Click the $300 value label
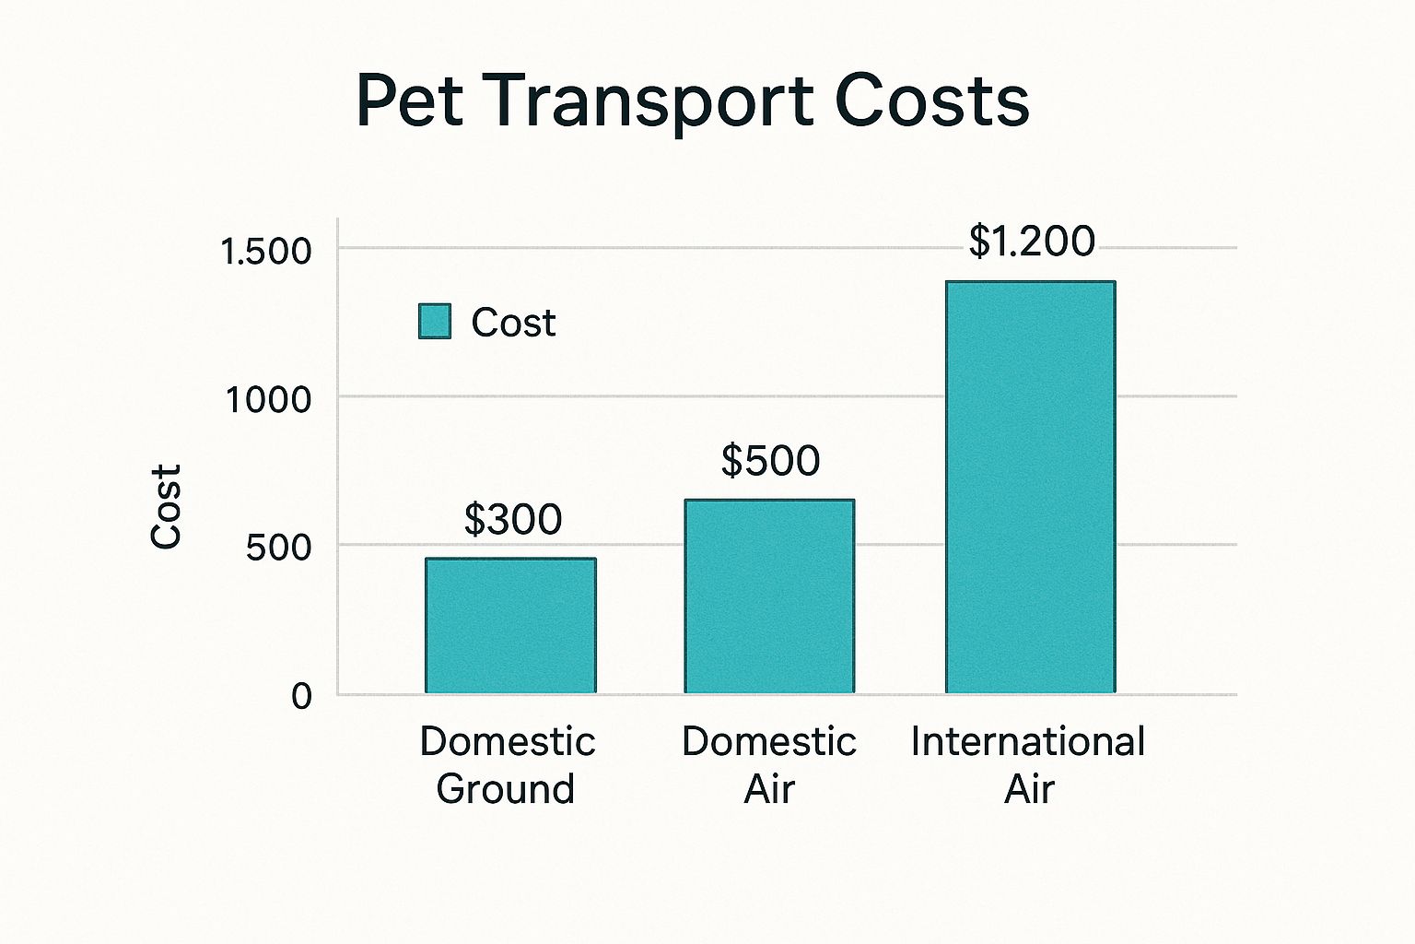513,520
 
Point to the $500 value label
770,461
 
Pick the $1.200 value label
1032,242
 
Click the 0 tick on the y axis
301,696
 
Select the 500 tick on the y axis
279,548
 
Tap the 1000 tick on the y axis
269,399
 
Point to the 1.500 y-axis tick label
267,252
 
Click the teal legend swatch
435,322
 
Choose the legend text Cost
513,323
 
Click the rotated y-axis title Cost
167,506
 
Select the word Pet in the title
408,100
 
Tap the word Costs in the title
932,100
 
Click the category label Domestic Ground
507,765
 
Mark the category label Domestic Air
769,765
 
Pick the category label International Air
1028,765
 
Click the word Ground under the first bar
506,789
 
